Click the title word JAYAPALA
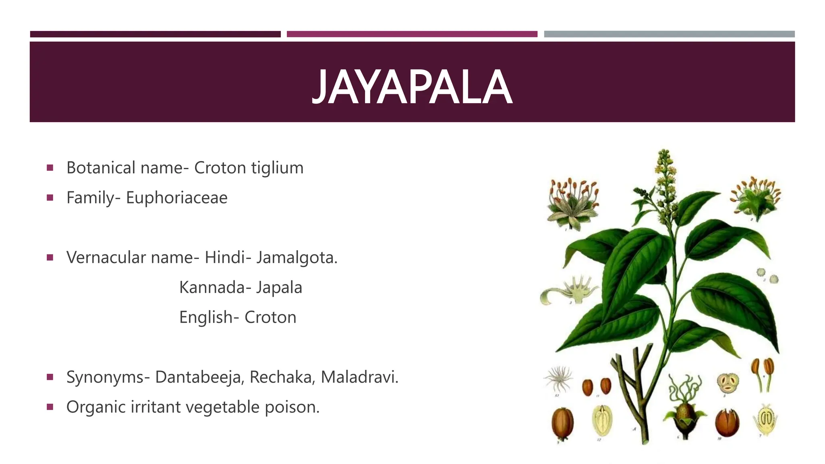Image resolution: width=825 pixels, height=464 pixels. tap(412, 87)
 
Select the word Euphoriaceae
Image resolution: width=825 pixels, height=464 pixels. tap(176, 198)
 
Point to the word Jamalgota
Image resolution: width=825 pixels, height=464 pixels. tap(296, 257)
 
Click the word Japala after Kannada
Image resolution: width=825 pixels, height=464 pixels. tap(279, 288)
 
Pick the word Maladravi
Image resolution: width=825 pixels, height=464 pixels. tap(359, 377)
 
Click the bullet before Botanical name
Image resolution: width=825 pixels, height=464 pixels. tap(50, 168)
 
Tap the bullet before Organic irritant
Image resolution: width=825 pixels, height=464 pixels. tap(50, 407)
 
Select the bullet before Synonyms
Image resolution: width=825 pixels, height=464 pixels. tap(50, 377)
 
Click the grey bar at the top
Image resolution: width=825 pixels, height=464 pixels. tap(669, 34)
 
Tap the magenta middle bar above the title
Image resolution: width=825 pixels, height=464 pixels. tap(412, 34)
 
